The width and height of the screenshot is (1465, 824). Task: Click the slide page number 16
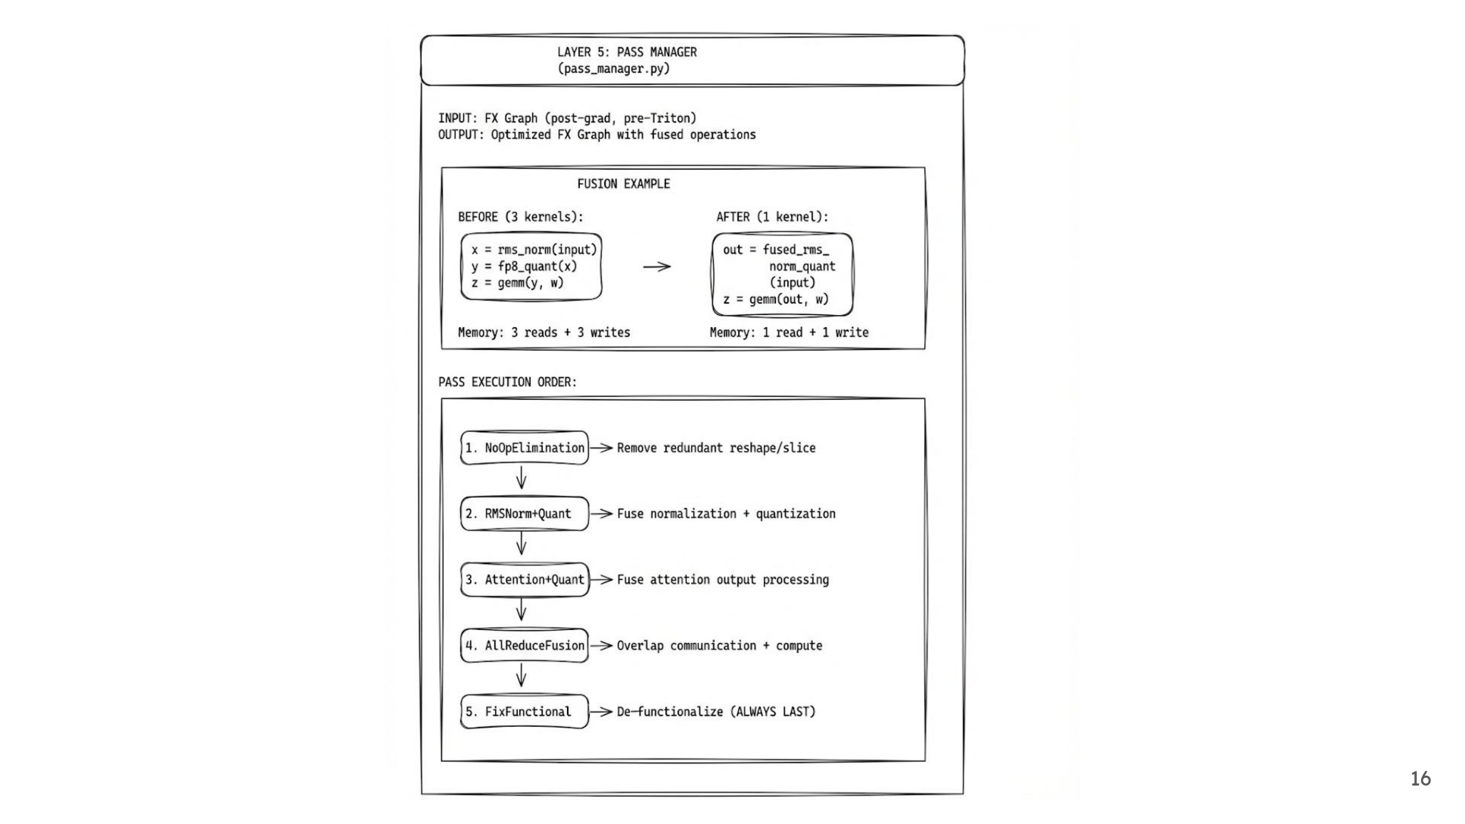(1420, 779)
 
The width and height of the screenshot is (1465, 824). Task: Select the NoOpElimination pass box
(524, 448)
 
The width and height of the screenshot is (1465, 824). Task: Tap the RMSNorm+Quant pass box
(524, 514)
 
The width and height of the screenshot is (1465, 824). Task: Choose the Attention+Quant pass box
(524, 580)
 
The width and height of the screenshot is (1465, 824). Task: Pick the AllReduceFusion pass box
(524, 646)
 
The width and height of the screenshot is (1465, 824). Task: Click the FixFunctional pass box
(524, 712)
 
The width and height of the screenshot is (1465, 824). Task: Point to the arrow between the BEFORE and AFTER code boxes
(657, 267)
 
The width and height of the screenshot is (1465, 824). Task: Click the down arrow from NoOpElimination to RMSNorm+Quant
(521, 478)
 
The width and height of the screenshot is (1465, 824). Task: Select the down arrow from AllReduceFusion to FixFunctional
(521, 676)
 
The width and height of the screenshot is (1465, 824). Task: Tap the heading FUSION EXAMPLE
(623, 184)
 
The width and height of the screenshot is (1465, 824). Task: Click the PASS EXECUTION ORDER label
(507, 382)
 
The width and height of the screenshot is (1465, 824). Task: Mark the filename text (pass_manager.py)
(613, 68)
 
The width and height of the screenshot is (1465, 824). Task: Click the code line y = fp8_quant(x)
(524, 266)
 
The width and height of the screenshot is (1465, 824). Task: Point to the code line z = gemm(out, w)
(776, 299)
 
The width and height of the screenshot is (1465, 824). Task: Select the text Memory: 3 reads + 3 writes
(544, 333)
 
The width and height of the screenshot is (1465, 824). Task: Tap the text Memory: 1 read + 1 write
(789, 333)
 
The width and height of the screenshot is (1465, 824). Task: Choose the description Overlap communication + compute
(719, 646)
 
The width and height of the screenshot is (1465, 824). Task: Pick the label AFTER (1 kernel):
(772, 217)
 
